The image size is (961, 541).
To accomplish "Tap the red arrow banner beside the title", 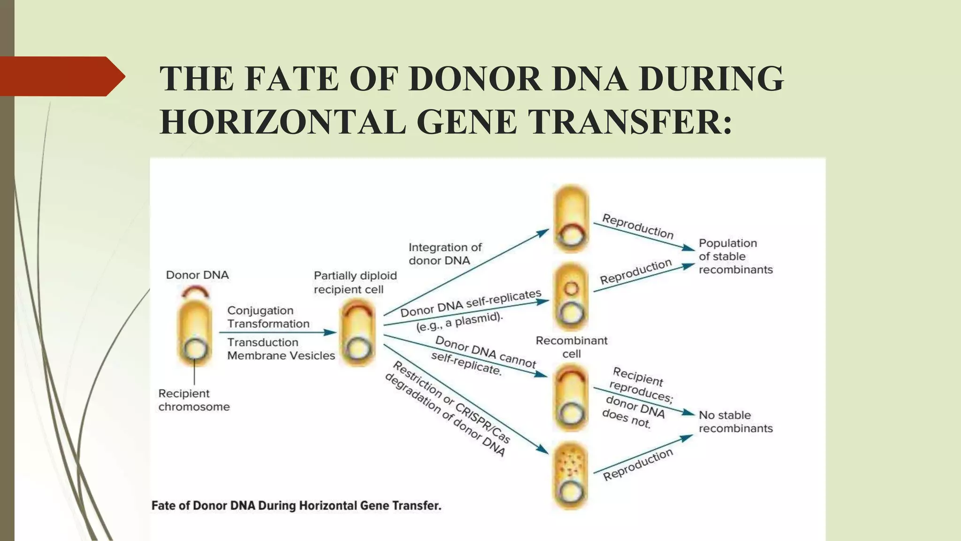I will click(x=61, y=76).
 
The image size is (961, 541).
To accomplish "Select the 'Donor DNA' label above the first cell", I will click(x=197, y=275).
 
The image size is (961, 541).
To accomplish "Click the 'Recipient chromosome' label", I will click(x=194, y=400).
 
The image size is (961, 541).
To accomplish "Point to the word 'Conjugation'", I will click(x=260, y=310).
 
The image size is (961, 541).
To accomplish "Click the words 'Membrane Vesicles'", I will click(x=281, y=356).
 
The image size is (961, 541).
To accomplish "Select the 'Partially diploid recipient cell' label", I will click(x=355, y=282).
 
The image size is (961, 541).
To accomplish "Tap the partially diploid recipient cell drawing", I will click(x=358, y=332).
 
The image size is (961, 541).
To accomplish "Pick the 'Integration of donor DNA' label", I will click(x=445, y=254).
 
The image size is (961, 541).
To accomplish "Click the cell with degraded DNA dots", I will click(x=571, y=475).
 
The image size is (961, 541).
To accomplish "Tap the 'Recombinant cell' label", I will click(x=572, y=347).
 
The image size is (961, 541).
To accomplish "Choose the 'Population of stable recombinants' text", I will click(x=735, y=256).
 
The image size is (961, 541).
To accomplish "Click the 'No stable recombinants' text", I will click(x=735, y=422).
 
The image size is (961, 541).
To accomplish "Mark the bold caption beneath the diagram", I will click(x=296, y=506).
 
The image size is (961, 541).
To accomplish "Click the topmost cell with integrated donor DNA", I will click(x=571, y=219).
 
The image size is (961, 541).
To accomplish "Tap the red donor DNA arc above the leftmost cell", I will click(x=195, y=292).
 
